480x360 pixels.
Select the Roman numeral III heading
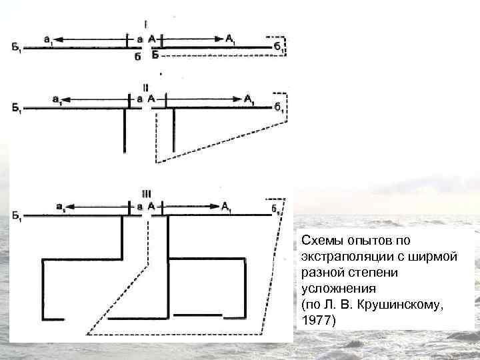(145, 194)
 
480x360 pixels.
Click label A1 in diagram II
(249, 100)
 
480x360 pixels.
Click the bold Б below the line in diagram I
(155, 55)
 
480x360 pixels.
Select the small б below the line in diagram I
(137, 57)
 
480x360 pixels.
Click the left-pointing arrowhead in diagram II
(71, 100)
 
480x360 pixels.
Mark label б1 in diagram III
(276, 208)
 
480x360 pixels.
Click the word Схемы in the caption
(320, 239)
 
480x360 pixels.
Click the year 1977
(314, 321)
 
